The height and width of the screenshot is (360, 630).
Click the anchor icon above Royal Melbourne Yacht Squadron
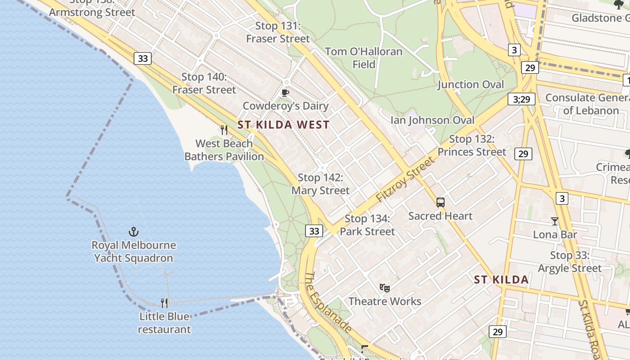click(x=133, y=232)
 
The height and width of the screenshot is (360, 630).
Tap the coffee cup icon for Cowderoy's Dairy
click(x=284, y=93)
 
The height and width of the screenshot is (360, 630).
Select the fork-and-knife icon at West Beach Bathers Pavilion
click(x=224, y=130)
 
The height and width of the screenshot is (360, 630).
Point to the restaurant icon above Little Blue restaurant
click(x=165, y=303)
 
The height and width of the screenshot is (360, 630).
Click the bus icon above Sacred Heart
click(x=441, y=202)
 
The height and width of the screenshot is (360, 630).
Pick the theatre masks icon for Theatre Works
click(x=384, y=288)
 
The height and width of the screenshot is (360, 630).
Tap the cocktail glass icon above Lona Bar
click(x=554, y=221)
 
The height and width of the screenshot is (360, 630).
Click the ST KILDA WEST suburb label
click(x=283, y=125)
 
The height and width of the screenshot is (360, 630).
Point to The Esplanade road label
click(x=328, y=303)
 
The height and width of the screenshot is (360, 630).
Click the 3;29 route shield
click(x=522, y=99)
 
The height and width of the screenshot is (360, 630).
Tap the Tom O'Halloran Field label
click(x=364, y=58)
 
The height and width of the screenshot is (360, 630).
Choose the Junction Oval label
click(x=471, y=85)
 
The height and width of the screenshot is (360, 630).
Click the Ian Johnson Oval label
click(x=432, y=120)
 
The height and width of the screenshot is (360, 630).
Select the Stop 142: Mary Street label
click(x=320, y=184)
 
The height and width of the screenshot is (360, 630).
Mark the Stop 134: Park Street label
click(x=367, y=225)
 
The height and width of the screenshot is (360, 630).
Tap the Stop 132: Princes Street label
click(x=472, y=145)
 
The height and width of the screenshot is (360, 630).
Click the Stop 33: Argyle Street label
click(x=570, y=262)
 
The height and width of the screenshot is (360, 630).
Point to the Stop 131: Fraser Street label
click(x=278, y=32)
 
